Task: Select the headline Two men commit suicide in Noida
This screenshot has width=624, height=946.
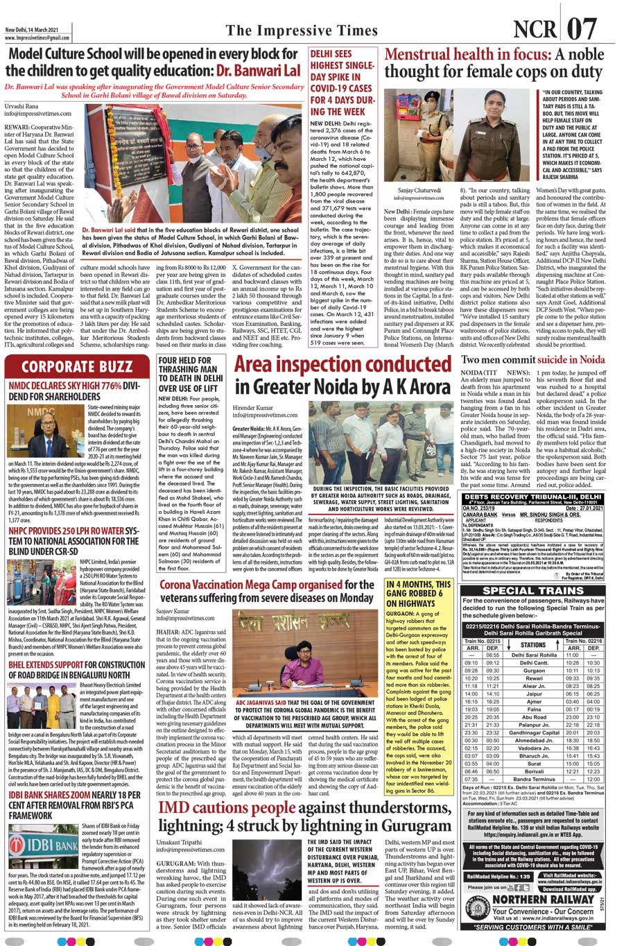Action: click(533, 360)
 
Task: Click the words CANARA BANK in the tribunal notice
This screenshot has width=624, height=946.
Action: click(480, 514)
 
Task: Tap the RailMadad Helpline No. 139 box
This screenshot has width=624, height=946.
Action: click(497, 877)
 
